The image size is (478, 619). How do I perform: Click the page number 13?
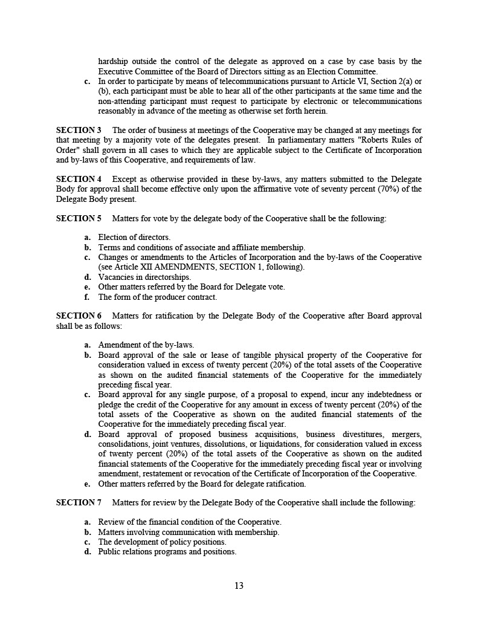239,585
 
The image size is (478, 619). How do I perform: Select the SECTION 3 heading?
79,130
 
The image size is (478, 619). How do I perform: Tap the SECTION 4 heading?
79,179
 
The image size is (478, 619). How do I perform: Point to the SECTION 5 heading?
79,218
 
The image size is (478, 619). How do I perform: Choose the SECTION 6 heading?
79,316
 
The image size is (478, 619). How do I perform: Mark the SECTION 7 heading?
79,502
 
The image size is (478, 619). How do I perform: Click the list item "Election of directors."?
134,238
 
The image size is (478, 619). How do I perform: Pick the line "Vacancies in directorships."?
144,277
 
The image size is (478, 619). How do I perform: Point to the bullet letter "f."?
87,297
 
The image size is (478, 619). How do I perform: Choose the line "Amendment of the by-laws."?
146,345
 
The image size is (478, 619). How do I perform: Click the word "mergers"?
407,434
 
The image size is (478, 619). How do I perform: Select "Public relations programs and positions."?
167,551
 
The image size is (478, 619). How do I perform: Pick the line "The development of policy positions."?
162,542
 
